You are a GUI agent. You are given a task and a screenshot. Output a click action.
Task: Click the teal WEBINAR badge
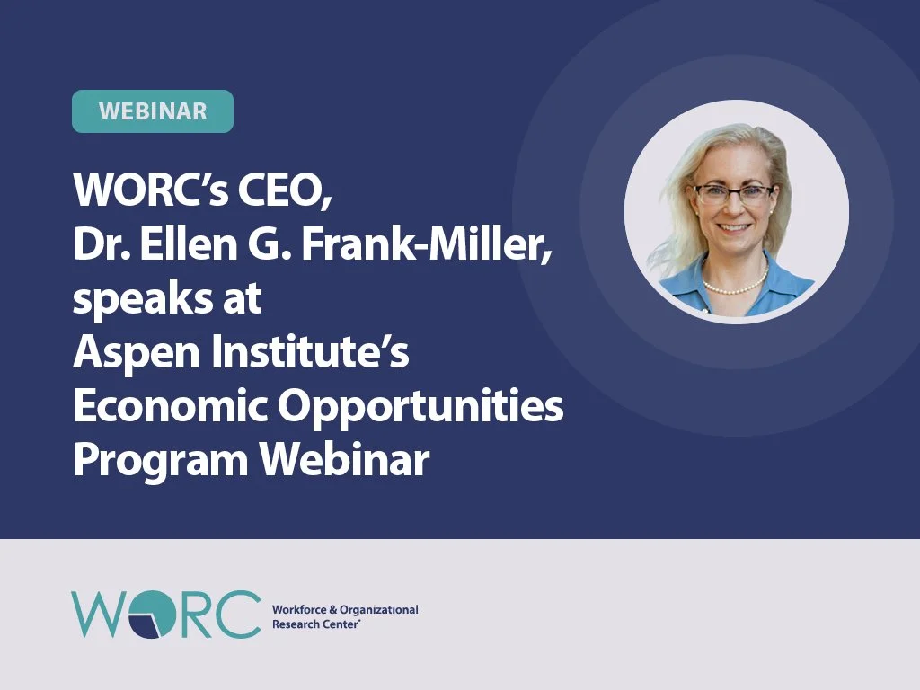153,111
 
